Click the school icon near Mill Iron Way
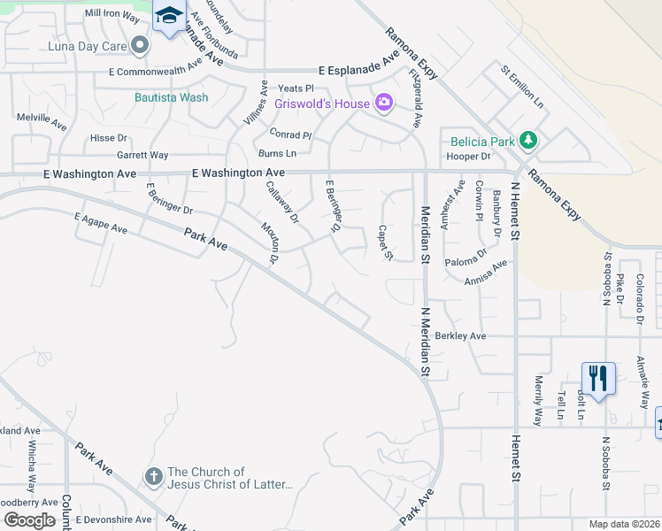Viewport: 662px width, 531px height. click(x=168, y=16)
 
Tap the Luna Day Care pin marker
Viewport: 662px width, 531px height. click(x=140, y=44)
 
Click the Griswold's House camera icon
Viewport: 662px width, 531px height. click(x=383, y=104)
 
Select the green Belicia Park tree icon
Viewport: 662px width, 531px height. click(x=528, y=140)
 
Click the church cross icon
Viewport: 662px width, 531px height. click(x=152, y=477)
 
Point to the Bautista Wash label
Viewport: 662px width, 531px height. click(x=172, y=97)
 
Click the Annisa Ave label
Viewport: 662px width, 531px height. click(x=488, y=269)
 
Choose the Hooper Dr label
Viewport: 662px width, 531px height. click(x=469, y=157)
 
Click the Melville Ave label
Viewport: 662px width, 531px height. click(x=42, y=118)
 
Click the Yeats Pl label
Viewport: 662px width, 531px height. click(x=296, y=88)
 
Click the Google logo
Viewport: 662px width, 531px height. click(x=29, y=519)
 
